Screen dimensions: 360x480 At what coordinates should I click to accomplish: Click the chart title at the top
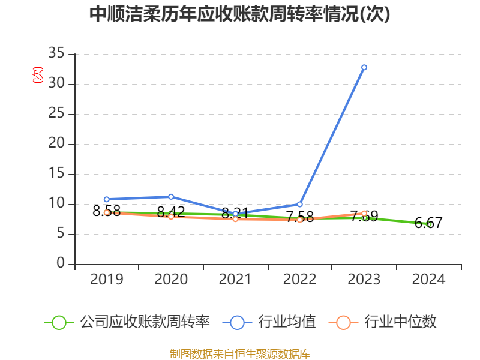point(239,14)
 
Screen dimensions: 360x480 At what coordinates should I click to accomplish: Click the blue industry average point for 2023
point(364,67)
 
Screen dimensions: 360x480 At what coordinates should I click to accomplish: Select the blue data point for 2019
point(107,199)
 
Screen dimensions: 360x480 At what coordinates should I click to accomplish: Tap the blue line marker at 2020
point(171,197)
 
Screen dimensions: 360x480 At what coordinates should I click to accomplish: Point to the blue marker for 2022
point(300,204)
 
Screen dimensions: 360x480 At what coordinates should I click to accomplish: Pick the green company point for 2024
point(429,224)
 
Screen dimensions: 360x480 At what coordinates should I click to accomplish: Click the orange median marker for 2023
point(364,213)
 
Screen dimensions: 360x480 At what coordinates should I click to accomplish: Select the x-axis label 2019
point(107,279)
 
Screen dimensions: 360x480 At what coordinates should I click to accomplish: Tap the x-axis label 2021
point(235,279)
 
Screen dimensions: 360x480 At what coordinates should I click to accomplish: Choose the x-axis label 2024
point(429,279)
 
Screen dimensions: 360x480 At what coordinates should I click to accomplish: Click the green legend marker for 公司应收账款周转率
point(59,322)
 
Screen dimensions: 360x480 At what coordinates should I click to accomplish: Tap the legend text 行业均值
point(287,322)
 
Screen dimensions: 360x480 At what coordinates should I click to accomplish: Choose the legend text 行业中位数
point(400,322)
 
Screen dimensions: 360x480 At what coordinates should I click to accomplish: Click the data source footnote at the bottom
point(239,353)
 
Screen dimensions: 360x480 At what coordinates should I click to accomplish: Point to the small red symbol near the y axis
point(38,75)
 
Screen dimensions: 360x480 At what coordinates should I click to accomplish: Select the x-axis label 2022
point(300,279)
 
